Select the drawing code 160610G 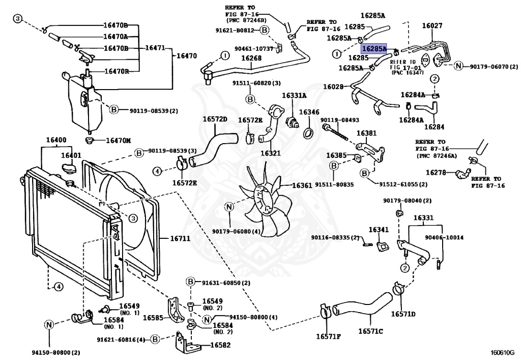[x=503, y=351]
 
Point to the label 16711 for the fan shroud [x=176, y=238]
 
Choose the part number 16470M [x=118, y=140]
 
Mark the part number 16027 [x=432, y=25]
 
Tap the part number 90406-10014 [x=444, y=237]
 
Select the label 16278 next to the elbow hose [x=436, y=173]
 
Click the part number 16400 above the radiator [x=56, y=140]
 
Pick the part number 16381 [x=366, y=133]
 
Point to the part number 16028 [x=333, y=87]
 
